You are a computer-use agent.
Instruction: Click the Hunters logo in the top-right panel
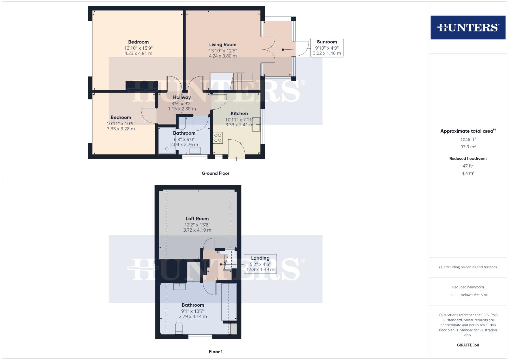tap(468, 27)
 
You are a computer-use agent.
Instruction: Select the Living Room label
tap(223, 45)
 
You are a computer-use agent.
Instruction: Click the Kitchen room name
tap(239, 114)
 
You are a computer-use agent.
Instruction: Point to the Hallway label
tap(182, 97)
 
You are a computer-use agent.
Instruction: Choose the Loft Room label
tap(197, 219)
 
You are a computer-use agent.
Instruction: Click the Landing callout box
tap(260, 264)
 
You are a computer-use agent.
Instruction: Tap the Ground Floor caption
tap(215, 173)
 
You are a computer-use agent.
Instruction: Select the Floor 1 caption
tap(215, 352)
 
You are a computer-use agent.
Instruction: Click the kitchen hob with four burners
tap(218, 138)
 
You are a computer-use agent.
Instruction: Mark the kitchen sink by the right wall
tap(256, 124)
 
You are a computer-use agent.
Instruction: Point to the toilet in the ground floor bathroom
tap(182, 123)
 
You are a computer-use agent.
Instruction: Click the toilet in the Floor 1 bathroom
tap(179, 328)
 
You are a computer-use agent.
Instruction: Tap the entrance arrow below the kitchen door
tap(236, 159)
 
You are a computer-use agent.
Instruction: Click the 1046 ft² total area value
tap(468, 140)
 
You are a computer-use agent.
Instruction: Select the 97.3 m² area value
tap(468, 147)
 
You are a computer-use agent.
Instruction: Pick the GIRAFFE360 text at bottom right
tap(468, 345)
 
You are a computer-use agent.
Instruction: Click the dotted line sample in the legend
tap(454, 295)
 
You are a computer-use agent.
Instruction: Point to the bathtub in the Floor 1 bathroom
tap(229, 302)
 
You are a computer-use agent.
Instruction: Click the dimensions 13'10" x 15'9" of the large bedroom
tap(138, 48)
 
